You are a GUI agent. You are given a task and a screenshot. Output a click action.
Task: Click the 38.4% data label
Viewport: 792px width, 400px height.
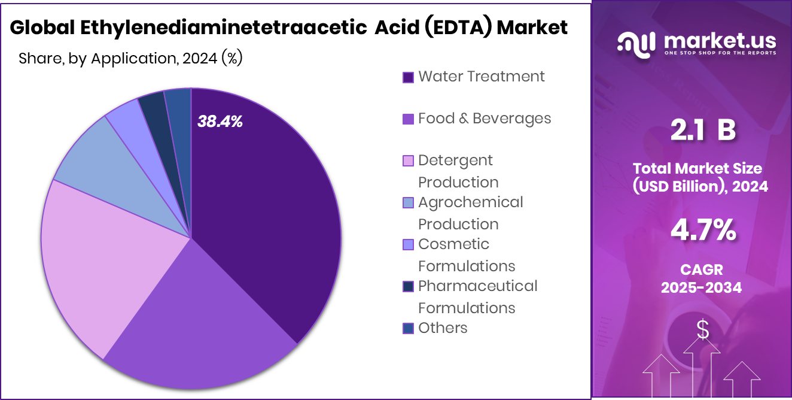220,122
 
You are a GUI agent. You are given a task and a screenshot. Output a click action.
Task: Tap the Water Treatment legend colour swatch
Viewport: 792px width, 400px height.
409,77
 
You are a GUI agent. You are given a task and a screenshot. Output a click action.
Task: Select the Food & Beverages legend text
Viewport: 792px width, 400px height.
485,119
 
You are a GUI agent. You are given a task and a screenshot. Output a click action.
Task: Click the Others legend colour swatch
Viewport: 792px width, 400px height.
409,329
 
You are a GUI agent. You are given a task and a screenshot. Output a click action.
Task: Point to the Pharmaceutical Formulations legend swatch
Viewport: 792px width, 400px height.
409,287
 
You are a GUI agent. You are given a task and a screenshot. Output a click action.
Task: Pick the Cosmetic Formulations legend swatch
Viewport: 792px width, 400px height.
409,245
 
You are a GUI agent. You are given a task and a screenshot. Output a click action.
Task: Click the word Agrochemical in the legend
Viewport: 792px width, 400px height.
470,202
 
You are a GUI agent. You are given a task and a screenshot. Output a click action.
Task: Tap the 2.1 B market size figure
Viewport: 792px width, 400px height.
702,131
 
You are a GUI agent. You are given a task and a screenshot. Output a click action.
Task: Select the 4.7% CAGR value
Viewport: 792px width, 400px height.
702,231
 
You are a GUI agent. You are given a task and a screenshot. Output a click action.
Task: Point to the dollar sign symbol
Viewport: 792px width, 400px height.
703,330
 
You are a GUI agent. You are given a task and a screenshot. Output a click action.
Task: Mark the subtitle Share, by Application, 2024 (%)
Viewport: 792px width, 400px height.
130,59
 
